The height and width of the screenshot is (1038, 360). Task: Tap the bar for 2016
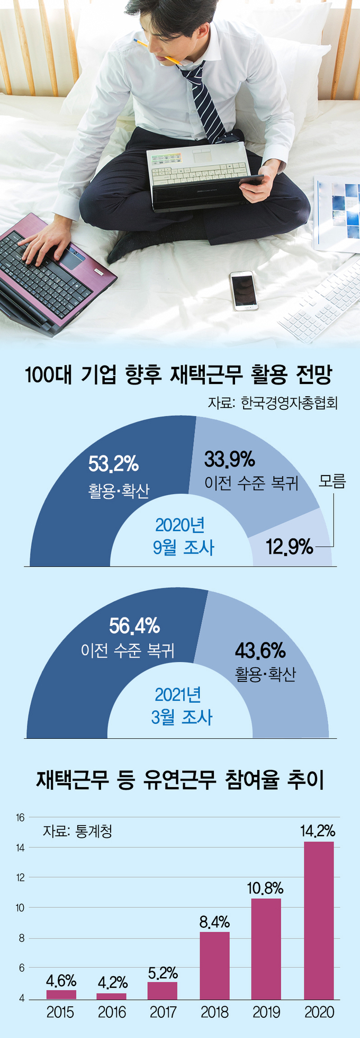(x=111, y=996)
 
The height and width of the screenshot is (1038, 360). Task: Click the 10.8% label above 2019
(x=265, y=888)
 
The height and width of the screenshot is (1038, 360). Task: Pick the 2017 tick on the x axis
(x=163, y=1013)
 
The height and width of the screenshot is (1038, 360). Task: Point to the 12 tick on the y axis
(x=20, y=878)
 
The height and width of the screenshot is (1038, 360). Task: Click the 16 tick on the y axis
(x=20, y=818)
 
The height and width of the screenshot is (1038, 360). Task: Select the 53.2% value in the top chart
(x=113, y=464)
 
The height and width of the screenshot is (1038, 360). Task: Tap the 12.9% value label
(x=289, y=547)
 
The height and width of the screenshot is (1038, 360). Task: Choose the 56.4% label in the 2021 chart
(x=134, y=626)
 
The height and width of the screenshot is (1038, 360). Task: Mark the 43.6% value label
(x=260, y=650)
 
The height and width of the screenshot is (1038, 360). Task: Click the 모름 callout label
(x=332, y=481)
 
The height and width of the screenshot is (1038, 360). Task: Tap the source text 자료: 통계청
(x=77, y=831)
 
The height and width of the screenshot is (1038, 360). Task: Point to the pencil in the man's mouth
(x=159, y=51)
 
